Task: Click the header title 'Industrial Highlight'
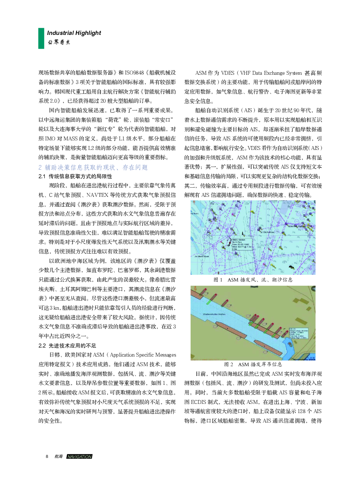pyautogui.click(x=74, y=33)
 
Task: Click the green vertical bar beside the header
pyautogui.click(x=41, y=38)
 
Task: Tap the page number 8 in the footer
pyautogui.click(x=47, y=456)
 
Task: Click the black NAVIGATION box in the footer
pyautogui.click(x=79, y=456)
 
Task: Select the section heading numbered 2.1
pyautogui.click(x=75, y=176)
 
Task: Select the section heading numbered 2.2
pyautogui.click(x=67, y=346)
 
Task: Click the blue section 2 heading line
pyautogui.click(x=93, y=167)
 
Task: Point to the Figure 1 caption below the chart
pyautogui.click(x=253, y=280)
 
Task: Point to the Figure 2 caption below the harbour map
pyautogui.click(x=253, y=364)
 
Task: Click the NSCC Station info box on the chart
pyautogui.click(x=241, y=244)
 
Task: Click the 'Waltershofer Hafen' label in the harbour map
pyautogui.click(x=214, y=314)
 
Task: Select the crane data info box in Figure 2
pyautogui.click(x=299, y=333)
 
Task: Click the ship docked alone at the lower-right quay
pyautogui.click(x=268, y=347)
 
